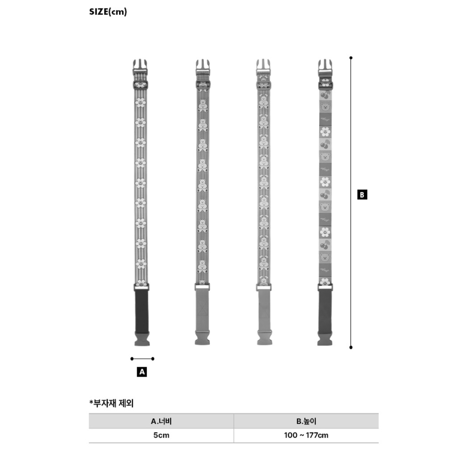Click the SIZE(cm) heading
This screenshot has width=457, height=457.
[108, 12]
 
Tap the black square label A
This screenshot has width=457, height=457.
[142, 372]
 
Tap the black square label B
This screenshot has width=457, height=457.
[362, 195]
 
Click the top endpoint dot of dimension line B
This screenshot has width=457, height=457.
[351, 58]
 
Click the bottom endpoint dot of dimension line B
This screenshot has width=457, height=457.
[351, 347]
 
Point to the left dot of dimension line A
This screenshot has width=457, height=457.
[132, 359]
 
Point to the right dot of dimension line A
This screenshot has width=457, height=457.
[153, 359]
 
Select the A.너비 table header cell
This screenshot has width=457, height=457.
[161, 421]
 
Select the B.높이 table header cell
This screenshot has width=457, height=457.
[306, 421]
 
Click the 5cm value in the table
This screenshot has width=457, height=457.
[161, 435]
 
